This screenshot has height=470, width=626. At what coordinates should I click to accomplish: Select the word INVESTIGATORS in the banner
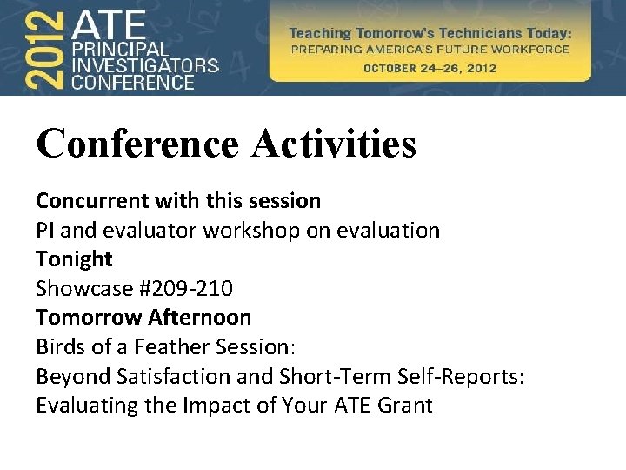coord(144,65)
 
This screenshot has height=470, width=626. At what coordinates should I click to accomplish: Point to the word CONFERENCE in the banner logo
coord(133,83)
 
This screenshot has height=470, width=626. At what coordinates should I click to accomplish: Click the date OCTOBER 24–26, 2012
coord(430,68)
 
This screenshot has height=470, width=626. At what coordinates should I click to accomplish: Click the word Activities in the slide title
coord(334,144)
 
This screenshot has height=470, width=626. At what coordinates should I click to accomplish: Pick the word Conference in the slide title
coord(137,144)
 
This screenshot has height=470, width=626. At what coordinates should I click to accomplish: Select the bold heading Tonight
coord(74,259)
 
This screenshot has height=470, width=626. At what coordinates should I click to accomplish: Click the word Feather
coord(166,347)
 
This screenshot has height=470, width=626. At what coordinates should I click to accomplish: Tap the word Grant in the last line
coord(404,406)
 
